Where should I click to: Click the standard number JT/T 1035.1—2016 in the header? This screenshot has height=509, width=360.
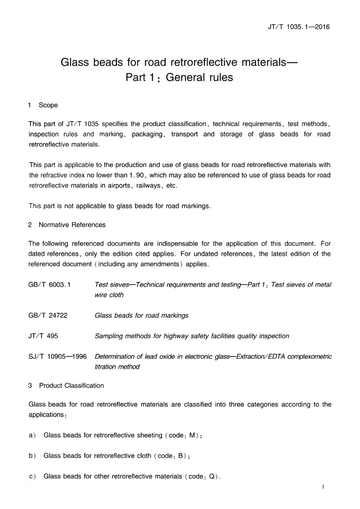click(298, 27)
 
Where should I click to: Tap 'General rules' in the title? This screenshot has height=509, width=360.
click(199, 77)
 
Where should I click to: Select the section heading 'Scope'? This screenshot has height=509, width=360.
click(48, 105)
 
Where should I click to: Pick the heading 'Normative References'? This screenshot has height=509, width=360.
click(72, 224)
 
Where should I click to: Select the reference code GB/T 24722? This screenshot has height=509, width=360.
click(48, 315)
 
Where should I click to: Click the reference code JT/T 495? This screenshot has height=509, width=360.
click(43, 336)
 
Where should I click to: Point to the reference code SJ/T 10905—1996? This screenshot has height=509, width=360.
click(57, 356)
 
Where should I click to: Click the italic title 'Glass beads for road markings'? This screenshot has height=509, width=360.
click(141, 315)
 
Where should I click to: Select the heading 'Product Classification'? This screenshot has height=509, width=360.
click(72, 386)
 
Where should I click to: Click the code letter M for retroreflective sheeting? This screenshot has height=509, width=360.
click(192, 436)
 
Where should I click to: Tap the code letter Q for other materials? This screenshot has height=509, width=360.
click(212, 477)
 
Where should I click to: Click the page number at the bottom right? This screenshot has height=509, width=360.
click(323, 488)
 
